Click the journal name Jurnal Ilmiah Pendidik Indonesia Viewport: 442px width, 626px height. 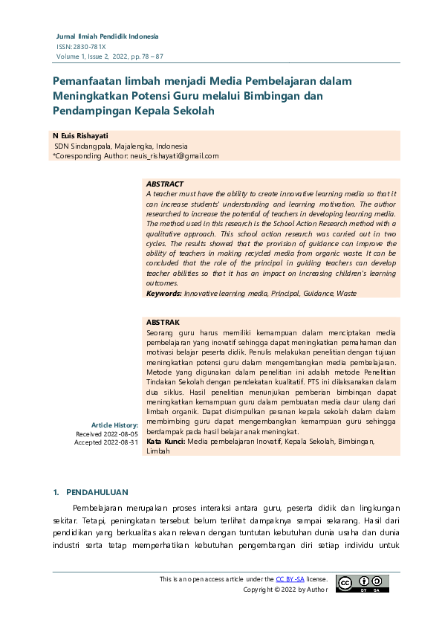pyautogui.click(x=108, y=36)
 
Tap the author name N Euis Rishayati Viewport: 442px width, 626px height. pyautogui.click(x=81, y=136)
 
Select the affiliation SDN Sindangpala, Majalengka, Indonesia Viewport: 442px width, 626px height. pyautogui.click(x=120, y=146)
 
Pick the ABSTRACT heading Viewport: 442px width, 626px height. pyautogui.click(x=165, y=184)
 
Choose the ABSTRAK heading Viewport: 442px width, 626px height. pyautogui.click(x=163, y=322)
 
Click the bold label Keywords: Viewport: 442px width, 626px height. pyautogui.click(x=164, y=294)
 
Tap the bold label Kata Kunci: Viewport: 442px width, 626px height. pyautogui.click(x=166, y=441)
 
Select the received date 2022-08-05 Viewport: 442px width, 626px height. pyautogui.click(x=120, y=433)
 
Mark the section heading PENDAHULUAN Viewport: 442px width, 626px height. pyautogui.click(x=97, y=492)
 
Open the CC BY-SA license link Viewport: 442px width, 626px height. pyautogui.click(x=290, y=578)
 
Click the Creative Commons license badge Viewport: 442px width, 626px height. pyautogui.click(x=362, y=584)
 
